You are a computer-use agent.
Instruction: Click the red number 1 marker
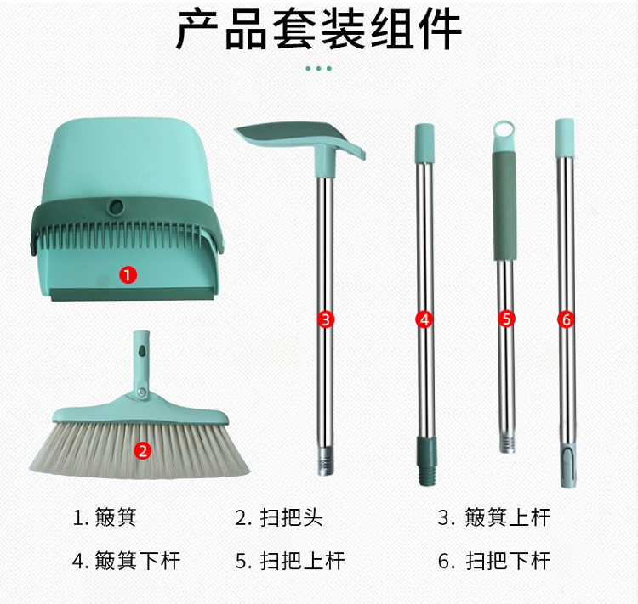coord(128,275)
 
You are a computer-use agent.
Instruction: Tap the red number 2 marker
coord(142,450)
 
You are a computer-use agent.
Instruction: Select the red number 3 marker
coord(326,319)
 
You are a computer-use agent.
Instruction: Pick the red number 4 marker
coord(424,319)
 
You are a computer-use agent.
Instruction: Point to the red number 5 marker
coord(507,319)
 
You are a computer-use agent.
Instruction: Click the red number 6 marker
coord(566,319)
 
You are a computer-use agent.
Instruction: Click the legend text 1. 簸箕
coord(105,517)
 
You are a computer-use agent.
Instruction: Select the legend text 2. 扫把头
coord(279,517)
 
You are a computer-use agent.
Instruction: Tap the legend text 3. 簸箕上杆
coord(494,517)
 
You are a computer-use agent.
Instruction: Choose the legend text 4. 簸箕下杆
coord(126,561)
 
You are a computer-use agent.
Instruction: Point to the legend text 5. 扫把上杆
coord(290,561)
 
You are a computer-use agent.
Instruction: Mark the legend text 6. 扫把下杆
coord(494,561)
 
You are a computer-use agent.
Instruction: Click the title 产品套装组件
coord(319,30)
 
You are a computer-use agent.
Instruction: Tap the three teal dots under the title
coord(319,68)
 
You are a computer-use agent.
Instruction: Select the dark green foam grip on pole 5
coord(504,206)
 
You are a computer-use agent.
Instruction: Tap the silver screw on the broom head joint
coord(141,392)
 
